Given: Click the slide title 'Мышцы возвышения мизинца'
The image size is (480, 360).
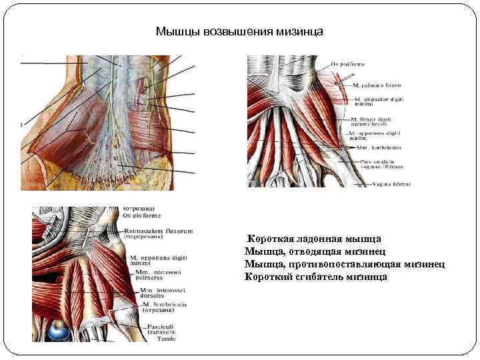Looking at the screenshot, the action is (x=239, y=31).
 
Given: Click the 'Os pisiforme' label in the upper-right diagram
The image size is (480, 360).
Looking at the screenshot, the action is (x=348, y=65).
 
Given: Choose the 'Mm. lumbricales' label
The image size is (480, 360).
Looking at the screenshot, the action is (x=375, y=147).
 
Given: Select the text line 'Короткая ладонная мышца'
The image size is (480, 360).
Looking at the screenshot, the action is (x=314, y=239).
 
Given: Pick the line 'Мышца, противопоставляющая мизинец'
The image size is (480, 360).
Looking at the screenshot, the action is (x=345, y=264).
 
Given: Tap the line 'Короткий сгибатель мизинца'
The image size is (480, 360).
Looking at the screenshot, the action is (x=316, y=277).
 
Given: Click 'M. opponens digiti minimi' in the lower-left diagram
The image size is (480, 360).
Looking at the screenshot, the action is (x=158, y=259).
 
